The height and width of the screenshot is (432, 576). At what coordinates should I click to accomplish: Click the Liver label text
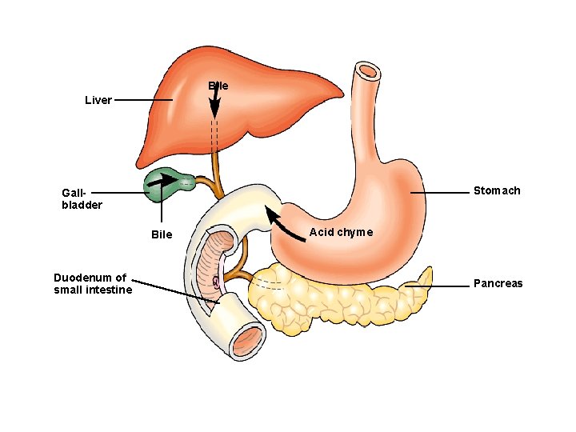pos(98,101)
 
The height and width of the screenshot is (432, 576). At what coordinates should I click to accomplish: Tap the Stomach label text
pos(496,190)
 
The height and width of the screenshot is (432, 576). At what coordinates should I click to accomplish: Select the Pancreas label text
pos(498,283)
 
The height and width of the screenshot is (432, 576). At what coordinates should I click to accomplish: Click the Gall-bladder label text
pos(82,198)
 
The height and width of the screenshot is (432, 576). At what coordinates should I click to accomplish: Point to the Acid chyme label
pos(341,232)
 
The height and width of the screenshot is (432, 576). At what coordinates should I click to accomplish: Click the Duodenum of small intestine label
pos(93,283)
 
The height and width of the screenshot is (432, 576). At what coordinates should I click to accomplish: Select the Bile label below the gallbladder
pos(162,234)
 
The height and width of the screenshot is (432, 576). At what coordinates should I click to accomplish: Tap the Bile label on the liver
pos(218,86)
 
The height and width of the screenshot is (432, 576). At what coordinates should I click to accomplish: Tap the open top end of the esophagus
pos(368,71)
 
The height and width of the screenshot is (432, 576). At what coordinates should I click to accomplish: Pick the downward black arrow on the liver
pos(214,101)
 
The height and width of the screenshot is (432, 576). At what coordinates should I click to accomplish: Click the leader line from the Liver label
pos(142,100)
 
